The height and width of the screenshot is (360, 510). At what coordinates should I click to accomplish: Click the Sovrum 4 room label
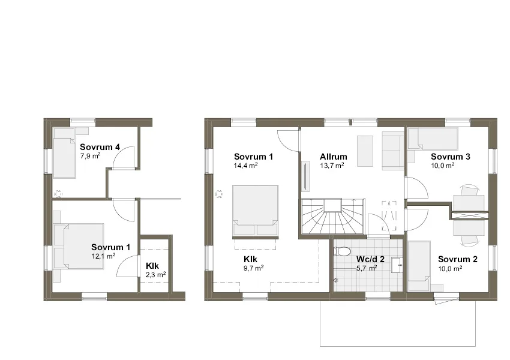[100, 146]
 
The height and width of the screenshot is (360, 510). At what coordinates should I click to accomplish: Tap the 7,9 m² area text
[90, 155]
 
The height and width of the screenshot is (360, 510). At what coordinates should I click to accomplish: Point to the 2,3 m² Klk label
[155, 274]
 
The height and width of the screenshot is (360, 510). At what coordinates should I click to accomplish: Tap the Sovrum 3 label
[450, 157]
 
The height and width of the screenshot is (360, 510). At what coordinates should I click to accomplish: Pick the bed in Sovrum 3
[432, 139]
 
